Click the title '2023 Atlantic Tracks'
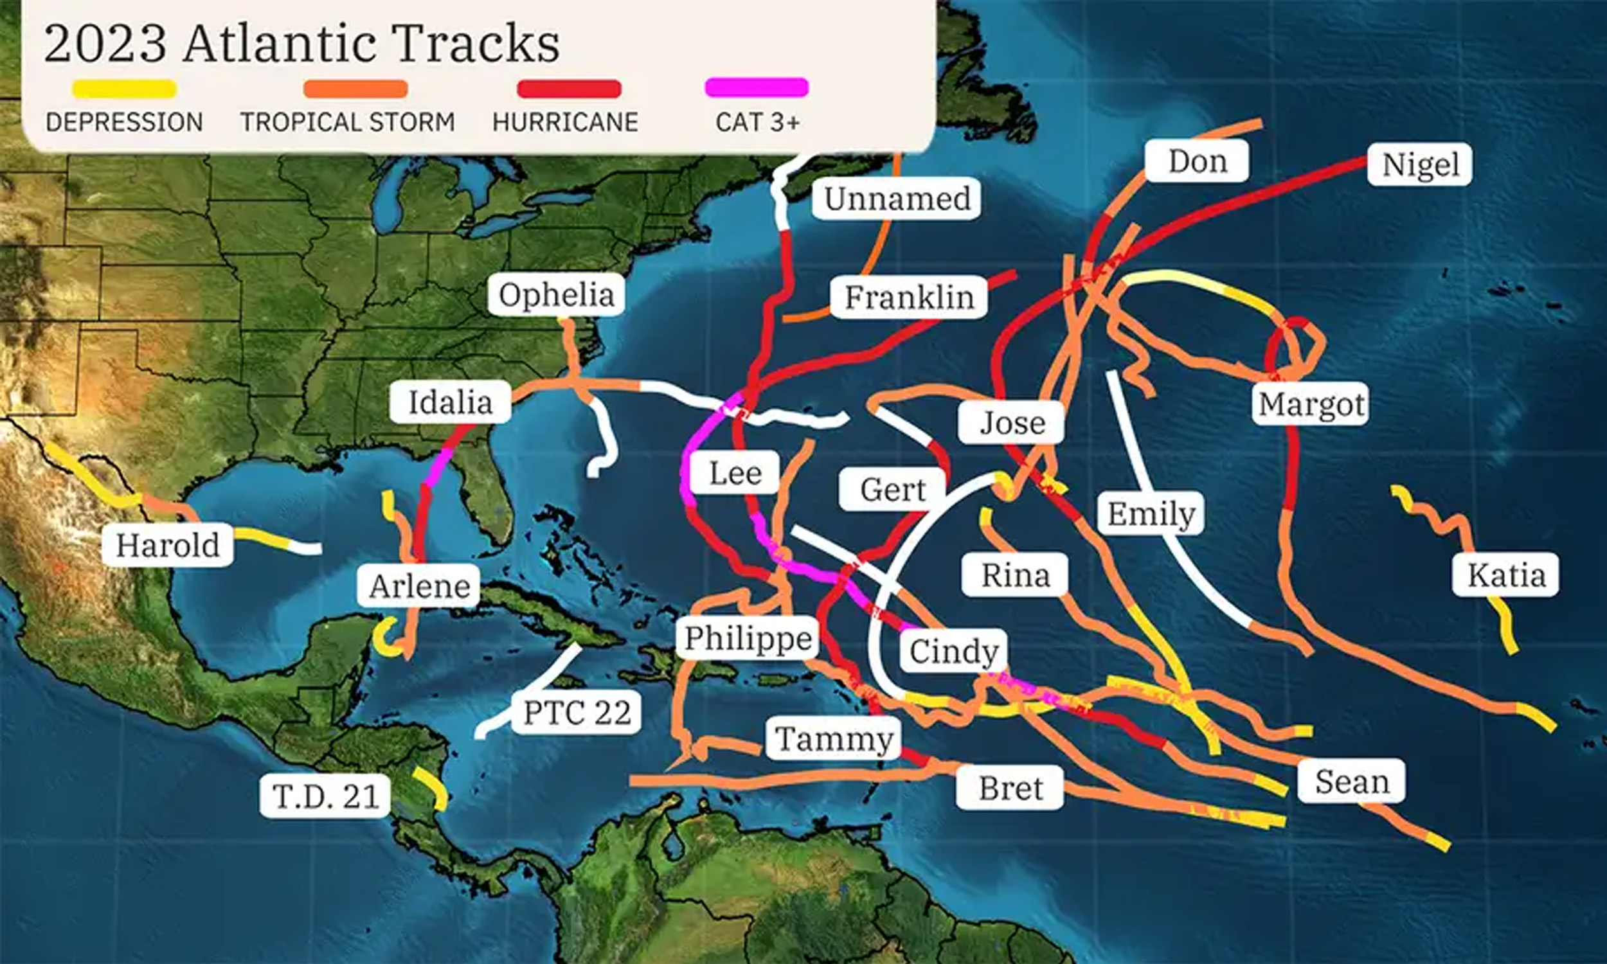pyautogui.click(x=302, y=44)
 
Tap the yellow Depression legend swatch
pyautogui.click(x=124, y=89)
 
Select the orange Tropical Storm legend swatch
pyautogui.click(x=355, y=89)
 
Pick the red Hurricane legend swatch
pyautogui.click(x=569, y=89)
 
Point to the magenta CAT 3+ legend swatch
pyautogui.click(x=757, y=87)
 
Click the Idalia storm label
pyautogui.click(x=450, y=402)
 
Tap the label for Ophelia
pyautogui.click(x=556, y=295)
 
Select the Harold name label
pyautogui.click(x=168, y=544)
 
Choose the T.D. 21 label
pyautogui.click(x=325, y=795)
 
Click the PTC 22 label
pyautogui.click(x=577, y=712)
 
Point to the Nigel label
pyautogui.click(x=1420, y=165)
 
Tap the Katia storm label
pyautogui.click(x=1505, y=575)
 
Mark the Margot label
pyautogui.click(x=1311, y=404)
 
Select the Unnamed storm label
pyautogui.click(x=897, y=198)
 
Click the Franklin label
pyautogui.click(x=909, y=297)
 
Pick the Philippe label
pyautogui.click(x=748, y=638)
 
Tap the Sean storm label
pyautogui.click(x=1352, y=781)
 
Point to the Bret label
pyautogui.click(x=1010, y=788)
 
